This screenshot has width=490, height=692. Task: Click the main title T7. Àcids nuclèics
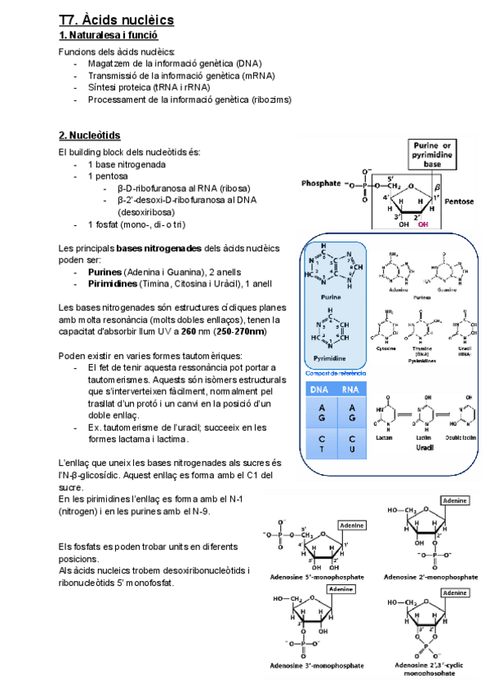pos(111,20)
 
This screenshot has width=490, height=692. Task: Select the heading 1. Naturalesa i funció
pos(108,35)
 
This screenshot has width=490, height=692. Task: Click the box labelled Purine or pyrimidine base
pos(442,154)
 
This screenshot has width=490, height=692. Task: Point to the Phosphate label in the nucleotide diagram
pos(320,184)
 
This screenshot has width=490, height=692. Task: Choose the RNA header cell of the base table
pos(350,390)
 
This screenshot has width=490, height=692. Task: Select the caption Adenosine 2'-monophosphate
pos(430,575)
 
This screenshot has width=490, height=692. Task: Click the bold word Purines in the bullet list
pos(105,271)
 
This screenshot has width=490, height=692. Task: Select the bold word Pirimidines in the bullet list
pos(113,283)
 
